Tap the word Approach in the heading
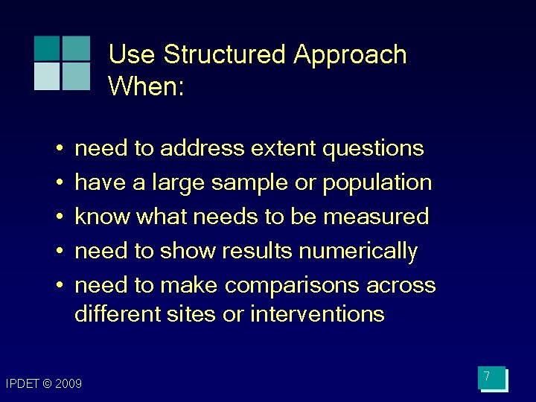[350, 55]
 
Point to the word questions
[373, 149]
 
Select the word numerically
[358, 252]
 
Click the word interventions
[317, 314]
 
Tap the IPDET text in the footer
[22, 384]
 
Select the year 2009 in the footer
[68, 384]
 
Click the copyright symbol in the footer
[47, 384]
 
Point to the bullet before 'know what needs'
[58, 217]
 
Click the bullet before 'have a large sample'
[58, 183]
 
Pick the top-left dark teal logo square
[47, 48]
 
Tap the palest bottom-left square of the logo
[47, 76]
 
